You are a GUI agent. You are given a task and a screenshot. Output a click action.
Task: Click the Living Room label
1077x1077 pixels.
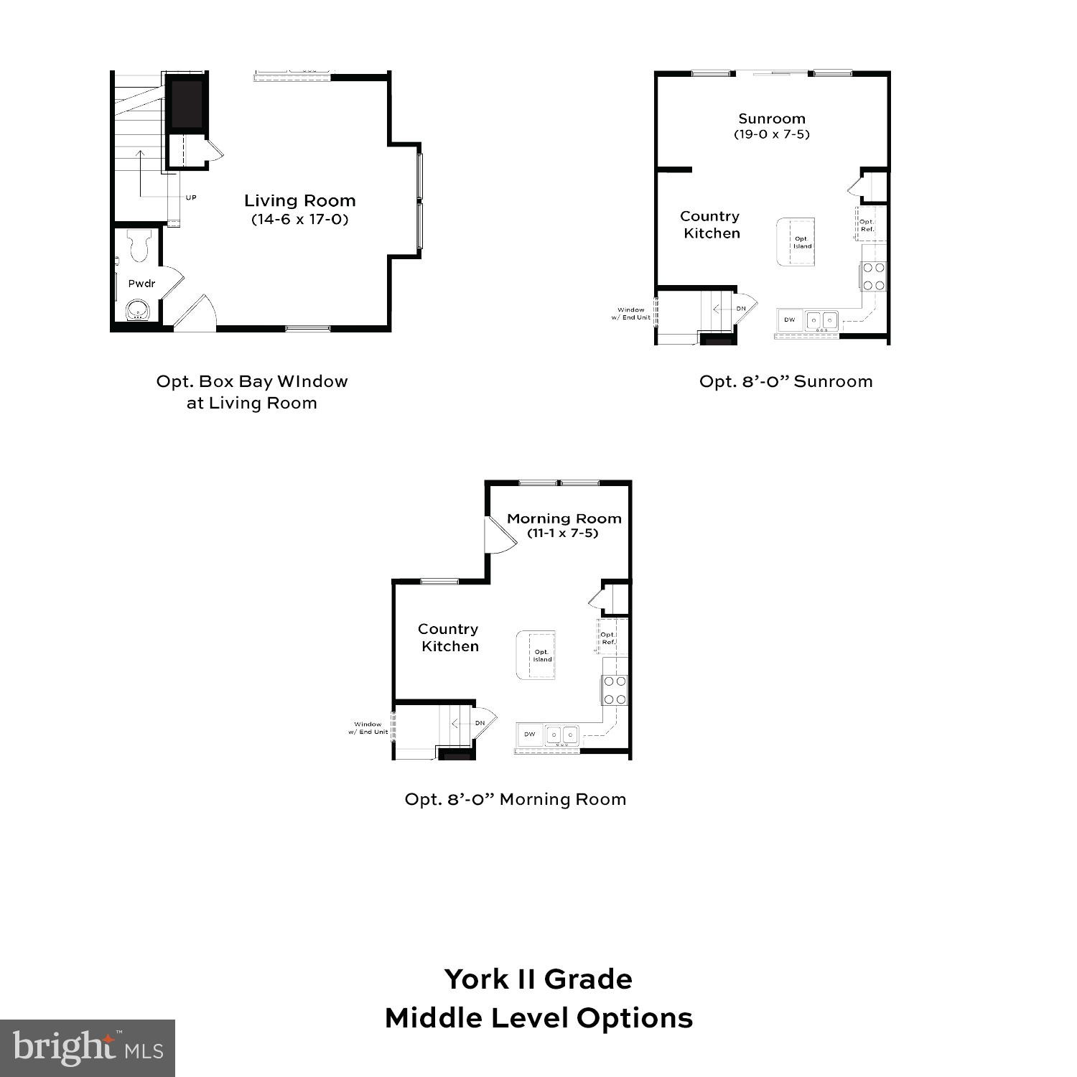[x=299, y=201]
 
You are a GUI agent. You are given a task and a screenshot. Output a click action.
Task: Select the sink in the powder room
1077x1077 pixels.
[x=137, y=311]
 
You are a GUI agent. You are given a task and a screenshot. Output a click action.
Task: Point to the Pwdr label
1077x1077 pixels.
[x=141, y=284]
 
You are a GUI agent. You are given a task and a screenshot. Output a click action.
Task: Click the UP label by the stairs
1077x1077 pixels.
[x=191, y=197]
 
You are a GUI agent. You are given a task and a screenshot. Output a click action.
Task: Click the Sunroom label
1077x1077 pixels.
[x=772, y=118]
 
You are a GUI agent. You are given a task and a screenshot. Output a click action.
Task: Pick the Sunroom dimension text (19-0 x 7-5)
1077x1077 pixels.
[x=772, y=134]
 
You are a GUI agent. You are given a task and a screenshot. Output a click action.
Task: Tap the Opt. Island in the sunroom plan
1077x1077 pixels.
[x=796, y=242]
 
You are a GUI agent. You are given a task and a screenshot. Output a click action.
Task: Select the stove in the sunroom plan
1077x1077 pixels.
[x=874, y=276]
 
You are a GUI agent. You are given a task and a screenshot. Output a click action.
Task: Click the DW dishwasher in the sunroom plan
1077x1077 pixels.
[x=790, y=320]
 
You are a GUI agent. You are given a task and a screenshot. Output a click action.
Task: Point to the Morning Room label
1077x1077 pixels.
[x=564, y=518]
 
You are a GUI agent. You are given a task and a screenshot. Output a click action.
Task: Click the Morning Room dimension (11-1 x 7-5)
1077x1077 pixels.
[x=563, y=533]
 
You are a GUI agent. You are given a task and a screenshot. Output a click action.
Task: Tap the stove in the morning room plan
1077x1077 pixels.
[x=615, y=690]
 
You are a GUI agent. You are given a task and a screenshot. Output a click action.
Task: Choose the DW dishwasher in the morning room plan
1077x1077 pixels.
[x=530, y=734]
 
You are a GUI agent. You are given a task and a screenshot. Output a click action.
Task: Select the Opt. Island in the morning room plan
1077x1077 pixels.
[x=536, y=655]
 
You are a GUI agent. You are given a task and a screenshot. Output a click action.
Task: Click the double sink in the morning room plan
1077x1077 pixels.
[x=561, y=735]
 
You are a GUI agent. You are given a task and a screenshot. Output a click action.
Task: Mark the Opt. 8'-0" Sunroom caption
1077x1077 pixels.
[x=785, y=381]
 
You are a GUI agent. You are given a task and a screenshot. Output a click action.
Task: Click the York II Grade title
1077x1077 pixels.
[x=538, y=979]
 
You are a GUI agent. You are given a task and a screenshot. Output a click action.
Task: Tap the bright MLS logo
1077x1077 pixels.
[x=88, y=1048]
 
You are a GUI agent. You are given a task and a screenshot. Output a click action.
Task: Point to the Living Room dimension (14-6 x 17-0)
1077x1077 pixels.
[x=299, y=220]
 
